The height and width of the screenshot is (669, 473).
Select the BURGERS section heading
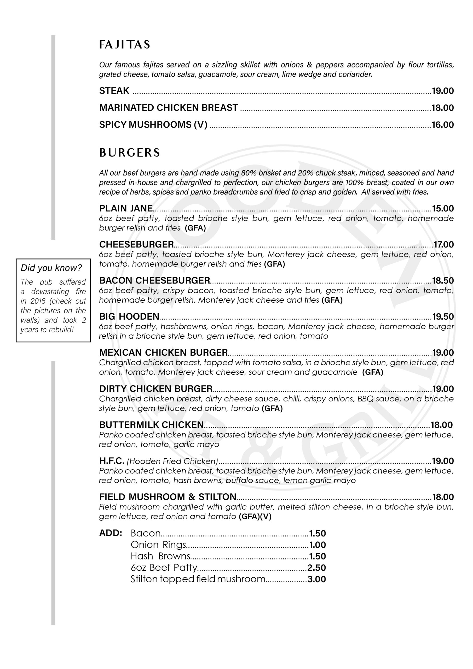click(129, 153)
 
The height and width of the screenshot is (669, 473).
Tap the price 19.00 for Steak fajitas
click(442, 91)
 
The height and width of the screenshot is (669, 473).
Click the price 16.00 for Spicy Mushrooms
click(442, 125)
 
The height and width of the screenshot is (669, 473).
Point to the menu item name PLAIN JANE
click(126, 208)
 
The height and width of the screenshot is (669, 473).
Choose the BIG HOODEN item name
click(129, 316)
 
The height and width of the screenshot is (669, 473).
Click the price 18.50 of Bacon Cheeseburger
click(443, 281)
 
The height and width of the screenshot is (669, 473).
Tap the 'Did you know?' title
click(51, 268)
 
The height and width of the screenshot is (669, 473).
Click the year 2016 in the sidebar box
click(38, 301)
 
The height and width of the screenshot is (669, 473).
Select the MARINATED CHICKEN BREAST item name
click(169, 108)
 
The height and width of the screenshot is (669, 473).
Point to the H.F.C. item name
click(112, 461)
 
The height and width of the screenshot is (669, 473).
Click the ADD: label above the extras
click(111, 533)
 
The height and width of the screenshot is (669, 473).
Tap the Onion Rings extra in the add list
click(158, 545)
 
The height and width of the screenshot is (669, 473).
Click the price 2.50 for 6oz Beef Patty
click(316, 568)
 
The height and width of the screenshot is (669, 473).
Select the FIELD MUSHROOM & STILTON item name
click(168, 497)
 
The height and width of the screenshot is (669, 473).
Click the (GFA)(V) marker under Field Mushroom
click(255, 517)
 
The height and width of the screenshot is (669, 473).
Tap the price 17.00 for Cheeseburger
click(443, 244)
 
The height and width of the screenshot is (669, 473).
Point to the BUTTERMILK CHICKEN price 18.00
click(442, 425)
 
